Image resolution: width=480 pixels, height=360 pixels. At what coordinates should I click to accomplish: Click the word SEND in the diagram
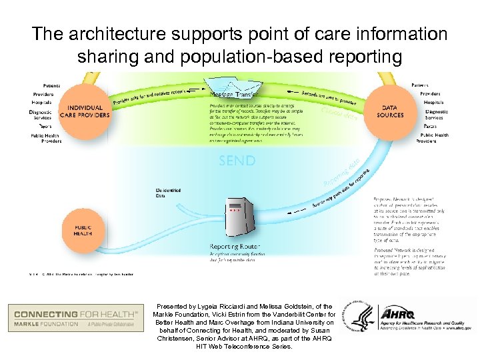pyautogui.click(x=236, y=161)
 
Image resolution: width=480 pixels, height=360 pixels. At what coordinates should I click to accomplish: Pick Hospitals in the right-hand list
pyautogui.click(x=433, y=103)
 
